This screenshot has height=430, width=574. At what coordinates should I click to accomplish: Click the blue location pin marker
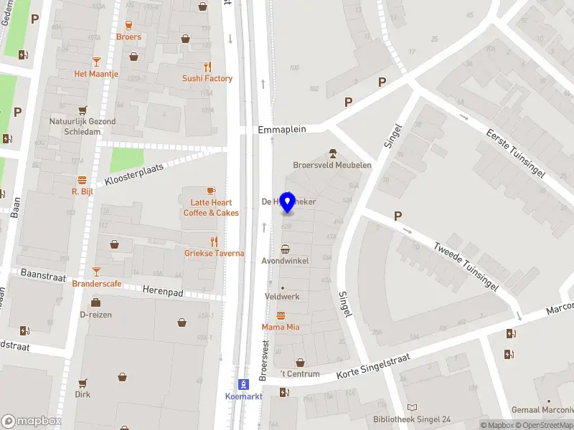pos(288,203)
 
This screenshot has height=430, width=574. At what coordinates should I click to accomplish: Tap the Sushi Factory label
pos(207,79)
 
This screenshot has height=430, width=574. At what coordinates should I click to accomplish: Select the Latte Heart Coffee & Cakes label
pos(211,208)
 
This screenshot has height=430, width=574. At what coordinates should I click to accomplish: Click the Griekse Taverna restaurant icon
pos(214,242)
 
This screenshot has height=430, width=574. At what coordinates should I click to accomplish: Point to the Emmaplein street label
pos(282,130)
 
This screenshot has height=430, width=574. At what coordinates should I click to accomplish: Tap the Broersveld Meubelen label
pos(332,165)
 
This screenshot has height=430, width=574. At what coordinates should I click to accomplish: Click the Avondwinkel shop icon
pos(286,249)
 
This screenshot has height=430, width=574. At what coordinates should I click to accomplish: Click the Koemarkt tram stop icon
pos(243,384)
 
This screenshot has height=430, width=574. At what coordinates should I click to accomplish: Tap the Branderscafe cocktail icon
pos(97,272)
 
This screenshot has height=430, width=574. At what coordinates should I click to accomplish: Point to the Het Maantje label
pos(95,74)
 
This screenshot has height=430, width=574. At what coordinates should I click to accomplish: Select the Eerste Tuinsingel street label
pos(516,153)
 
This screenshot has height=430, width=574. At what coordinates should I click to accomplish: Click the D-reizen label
pos(95,314)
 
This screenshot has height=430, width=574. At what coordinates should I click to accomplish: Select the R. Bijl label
pos(83,191)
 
